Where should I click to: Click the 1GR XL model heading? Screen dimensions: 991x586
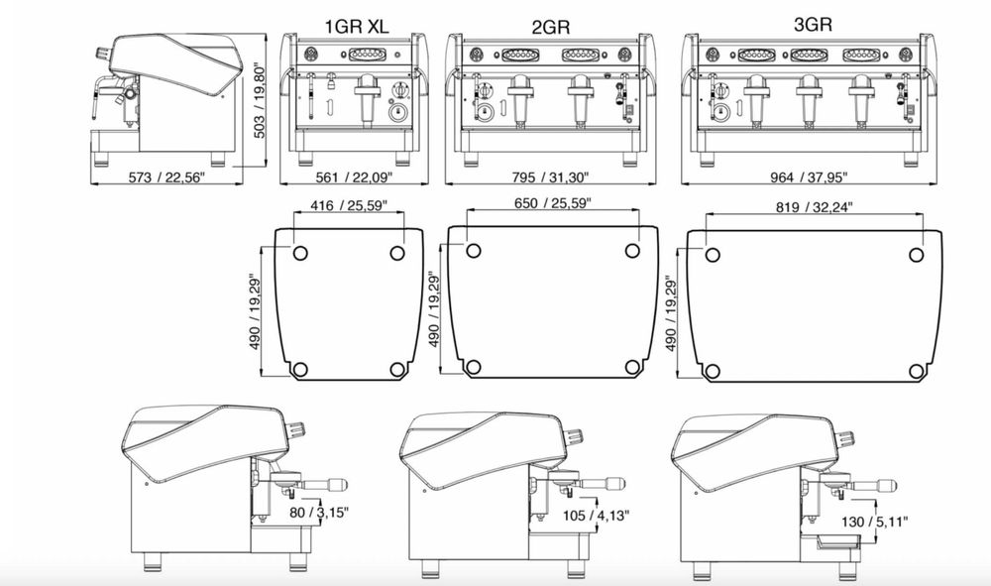point(357,26)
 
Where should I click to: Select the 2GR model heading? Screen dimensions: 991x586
point(550,27)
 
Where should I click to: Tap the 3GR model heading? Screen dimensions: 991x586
point(813,24)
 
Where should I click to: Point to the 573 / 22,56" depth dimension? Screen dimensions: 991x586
point(166,177)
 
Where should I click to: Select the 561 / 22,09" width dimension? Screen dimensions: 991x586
point(354,177)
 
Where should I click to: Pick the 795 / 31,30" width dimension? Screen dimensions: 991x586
point(550,177)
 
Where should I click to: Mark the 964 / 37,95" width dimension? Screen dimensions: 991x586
point(809,177)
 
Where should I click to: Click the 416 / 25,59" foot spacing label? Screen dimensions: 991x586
point(349,205)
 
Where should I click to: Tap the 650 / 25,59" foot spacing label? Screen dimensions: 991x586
point(552,203)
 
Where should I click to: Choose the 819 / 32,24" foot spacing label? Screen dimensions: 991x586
point(814,206)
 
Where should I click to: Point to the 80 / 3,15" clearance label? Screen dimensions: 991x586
point(319,512)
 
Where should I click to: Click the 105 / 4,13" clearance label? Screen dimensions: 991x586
point(596,516)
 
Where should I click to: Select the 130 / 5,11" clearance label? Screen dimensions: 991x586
point(875,522)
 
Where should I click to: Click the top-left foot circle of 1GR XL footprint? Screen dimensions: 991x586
point(300,254)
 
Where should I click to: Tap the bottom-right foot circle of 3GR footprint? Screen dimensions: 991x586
point(917,371)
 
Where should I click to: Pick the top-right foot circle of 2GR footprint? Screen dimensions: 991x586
point(632,251)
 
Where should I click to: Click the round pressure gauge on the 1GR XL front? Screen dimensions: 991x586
point(397,112)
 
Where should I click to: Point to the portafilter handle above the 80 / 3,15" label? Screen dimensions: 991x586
point(326,484)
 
